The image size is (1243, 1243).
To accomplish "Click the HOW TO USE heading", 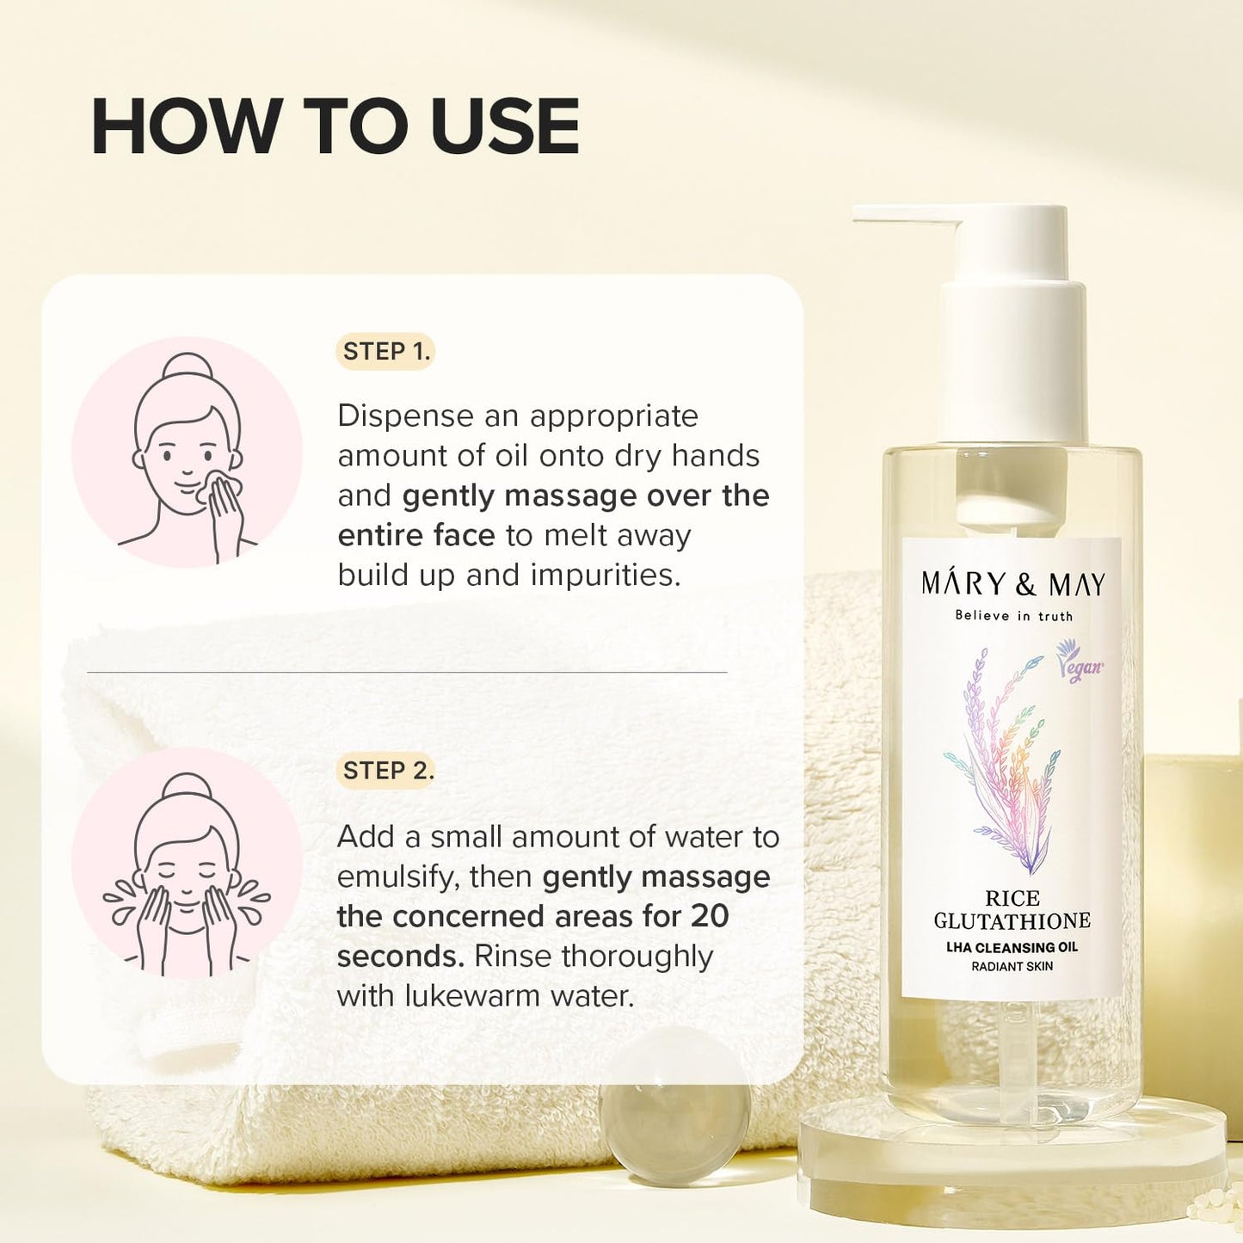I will click(x=335, y=126).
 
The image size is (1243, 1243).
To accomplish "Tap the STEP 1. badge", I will click(x=385, y=352).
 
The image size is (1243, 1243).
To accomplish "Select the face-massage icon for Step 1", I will click(x=187, y=453).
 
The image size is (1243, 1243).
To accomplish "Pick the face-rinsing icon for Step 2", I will click(x=187, y=864).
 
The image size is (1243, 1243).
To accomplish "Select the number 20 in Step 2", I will click(x=710, y=917).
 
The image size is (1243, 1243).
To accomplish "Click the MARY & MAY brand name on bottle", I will click(x=1012, y=585).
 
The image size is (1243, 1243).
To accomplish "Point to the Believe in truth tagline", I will click(x=1013, y=616).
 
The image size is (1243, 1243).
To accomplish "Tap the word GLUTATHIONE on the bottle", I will click(x=1012, y=921).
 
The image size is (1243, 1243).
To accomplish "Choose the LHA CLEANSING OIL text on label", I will click(x=1012, y=948).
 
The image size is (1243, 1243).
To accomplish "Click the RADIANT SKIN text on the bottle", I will click(x=1012, y=967).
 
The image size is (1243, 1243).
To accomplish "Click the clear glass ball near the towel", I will click(x=674, y=1132).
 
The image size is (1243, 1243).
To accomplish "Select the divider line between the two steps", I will click(x=407, y=672).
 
